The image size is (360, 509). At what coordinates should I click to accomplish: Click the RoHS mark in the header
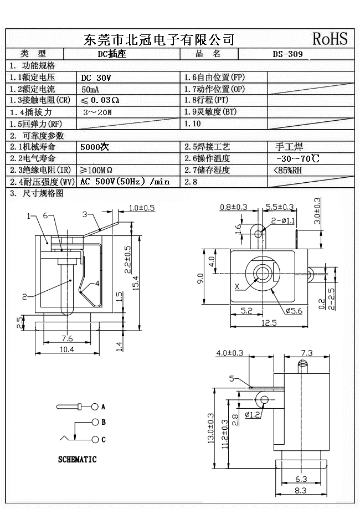[330, 38]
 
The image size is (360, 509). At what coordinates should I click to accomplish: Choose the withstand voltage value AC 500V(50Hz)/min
[125, 182]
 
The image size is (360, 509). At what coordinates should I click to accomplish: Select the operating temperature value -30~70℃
[297, 158]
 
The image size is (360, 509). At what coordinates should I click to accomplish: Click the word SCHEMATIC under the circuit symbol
[78, 459]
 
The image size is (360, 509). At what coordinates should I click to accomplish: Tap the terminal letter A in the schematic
[103, 407]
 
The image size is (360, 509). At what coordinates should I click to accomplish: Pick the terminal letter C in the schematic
[103, 440]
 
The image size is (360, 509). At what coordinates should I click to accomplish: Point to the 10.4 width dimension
[66, 349]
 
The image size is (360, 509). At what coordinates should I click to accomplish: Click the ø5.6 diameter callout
[294, 311]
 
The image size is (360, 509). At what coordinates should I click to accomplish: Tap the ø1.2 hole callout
[253, 414]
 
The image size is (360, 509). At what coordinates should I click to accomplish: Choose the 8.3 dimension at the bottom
[301, 490]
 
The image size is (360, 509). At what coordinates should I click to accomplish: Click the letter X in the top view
[238, 286]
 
